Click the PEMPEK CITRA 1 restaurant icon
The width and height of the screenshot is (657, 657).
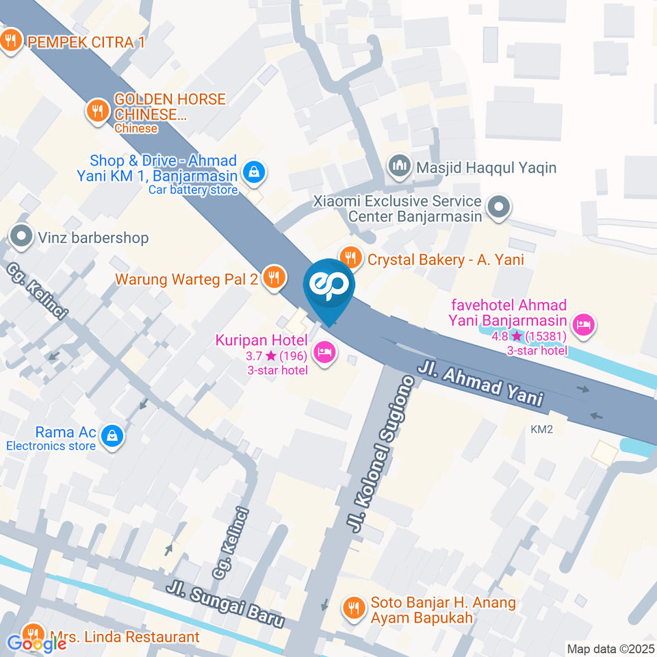pos(10,40)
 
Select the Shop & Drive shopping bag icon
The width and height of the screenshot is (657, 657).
pos(254,172)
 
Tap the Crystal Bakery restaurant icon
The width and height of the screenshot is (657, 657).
pos(351,257)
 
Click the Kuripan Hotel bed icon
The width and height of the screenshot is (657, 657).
pos(324,352)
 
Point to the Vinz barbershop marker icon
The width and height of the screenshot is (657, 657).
pos(22,237)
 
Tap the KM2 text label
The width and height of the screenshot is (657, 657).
pos(541,429)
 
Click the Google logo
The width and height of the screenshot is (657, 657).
pos(36,643)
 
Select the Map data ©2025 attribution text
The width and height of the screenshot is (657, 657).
pos(609,648)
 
